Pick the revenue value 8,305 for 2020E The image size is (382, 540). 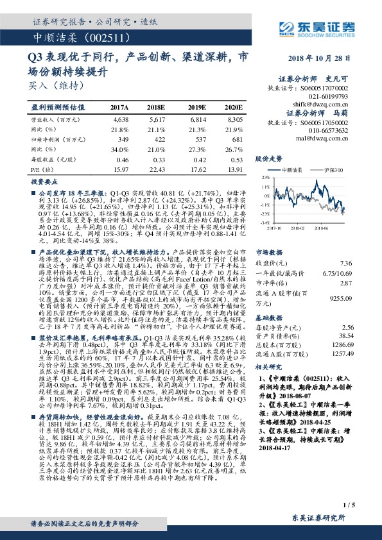coord(235,120)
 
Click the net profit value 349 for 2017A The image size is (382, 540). coord(120,139)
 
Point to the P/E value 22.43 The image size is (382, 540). coord(158,168)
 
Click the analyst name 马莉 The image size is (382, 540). coord(340,113)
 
